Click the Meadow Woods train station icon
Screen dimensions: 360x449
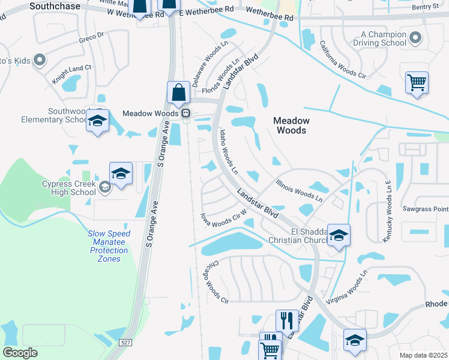186,113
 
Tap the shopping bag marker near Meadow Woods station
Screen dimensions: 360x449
179,93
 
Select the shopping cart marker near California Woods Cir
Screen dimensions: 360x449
417,82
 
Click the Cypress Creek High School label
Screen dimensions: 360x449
68,188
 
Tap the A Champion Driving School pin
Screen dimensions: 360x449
415,40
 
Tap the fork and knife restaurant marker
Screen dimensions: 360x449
287,320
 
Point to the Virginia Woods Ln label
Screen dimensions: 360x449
346,286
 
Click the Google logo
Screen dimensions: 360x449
20,353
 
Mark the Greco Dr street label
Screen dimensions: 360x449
91,40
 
